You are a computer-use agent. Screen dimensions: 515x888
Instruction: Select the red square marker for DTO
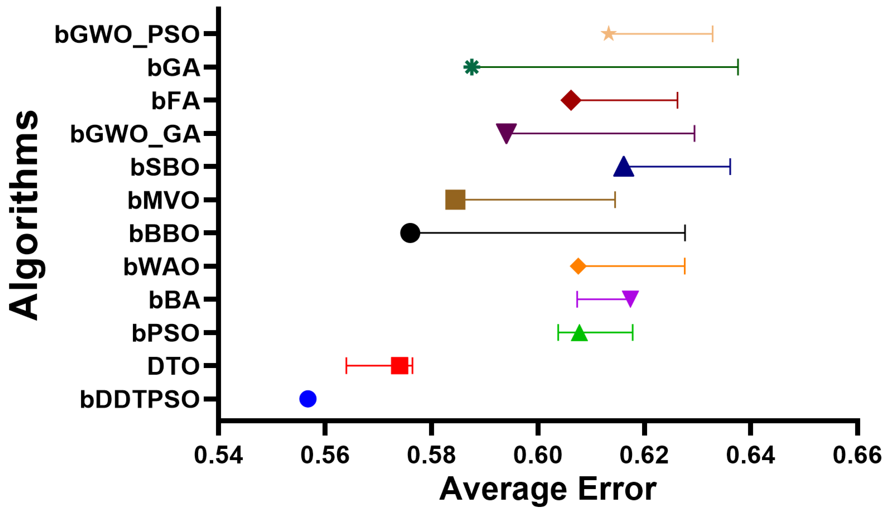[x=400, y=366]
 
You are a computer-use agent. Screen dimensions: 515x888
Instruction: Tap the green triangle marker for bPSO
[x=579, y=334]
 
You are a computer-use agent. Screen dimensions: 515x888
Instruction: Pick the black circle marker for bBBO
[x=410, y=233]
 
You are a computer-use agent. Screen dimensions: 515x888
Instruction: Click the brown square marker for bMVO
[x=455, y=200]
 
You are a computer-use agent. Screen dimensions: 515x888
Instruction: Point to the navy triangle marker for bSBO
[x=623, y=167]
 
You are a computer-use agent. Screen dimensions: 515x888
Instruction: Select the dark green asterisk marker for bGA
[x=471, y=67]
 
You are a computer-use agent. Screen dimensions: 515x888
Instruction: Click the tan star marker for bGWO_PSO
[x=608, y=34]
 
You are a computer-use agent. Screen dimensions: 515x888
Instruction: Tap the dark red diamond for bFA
[x=570, y=100]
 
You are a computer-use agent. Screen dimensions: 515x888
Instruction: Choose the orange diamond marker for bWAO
[x=578, y=266]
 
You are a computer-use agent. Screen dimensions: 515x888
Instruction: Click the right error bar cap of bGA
[x=738, y=67]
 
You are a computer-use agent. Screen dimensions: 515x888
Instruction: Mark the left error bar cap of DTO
[x=346, y=366]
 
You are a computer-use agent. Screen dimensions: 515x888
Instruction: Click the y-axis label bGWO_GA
[x=135, y=134]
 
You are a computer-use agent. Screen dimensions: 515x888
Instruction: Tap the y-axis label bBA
[x=175, y=300]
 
